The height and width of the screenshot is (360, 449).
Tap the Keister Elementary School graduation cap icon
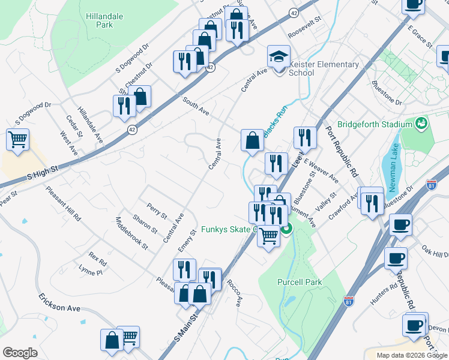(278, 56)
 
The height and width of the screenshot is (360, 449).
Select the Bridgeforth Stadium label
(375, 125)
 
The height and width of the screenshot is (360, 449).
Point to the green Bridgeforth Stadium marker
(422, 124)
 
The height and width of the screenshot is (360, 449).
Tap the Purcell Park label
(300, 282)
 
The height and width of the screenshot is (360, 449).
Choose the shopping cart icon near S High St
(18, 140)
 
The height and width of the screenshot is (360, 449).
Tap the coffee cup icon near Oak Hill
(396, 258)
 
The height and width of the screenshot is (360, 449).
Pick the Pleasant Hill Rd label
(63, 204)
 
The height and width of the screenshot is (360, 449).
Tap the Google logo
(20, 353)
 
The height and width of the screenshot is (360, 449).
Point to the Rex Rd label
(97, 259)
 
